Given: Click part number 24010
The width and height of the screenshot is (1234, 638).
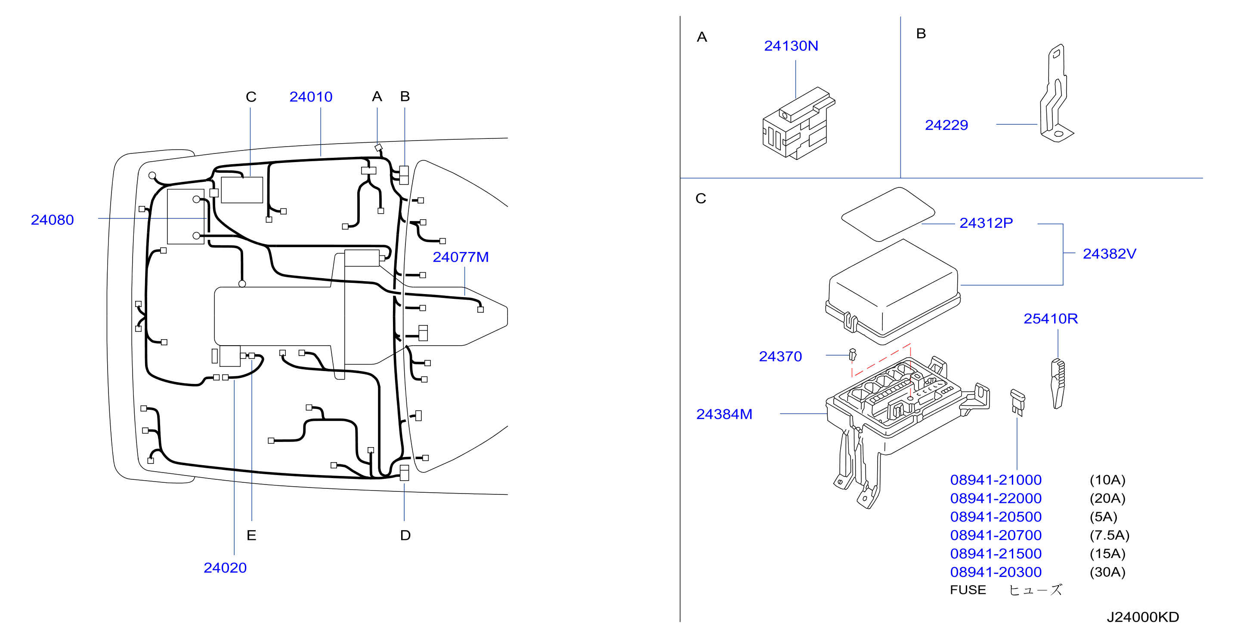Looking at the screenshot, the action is tap(311, 97).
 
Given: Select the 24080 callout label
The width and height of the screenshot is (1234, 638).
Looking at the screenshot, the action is tap(52, 220).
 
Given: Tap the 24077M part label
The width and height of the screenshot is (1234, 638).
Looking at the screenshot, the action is tap(461, 257).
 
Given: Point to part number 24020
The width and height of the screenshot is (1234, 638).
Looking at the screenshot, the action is tap(225, 567).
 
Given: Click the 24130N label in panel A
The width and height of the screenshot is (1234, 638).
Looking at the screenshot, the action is tap(792, 46).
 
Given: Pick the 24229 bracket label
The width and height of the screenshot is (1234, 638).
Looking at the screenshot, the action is tap(946, 125).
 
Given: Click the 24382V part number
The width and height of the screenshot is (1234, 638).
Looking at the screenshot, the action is tap(1110, 254).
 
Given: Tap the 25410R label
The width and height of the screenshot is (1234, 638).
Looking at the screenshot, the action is tap(1051, 319).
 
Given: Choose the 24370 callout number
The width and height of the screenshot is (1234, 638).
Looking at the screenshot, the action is tap(780, 356).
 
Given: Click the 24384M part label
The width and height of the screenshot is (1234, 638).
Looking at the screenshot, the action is tap(724, 414).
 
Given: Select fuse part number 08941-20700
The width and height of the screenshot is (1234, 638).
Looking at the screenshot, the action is tap(996, 535).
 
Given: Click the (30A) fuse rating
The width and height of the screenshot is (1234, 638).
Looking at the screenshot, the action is tap(1107, 572).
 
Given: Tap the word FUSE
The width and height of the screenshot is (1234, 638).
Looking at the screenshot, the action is tap(968, 590).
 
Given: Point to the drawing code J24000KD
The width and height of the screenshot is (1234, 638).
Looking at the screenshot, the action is tap(1143, 617).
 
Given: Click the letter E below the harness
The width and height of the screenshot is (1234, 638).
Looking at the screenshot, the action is tap(251, 535).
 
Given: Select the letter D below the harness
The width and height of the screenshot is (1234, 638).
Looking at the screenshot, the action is tap(405, 535).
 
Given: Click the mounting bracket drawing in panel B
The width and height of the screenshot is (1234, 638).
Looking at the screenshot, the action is tap(1057, 93).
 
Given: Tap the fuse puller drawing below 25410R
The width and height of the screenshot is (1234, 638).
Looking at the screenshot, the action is tap(1058, 384).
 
